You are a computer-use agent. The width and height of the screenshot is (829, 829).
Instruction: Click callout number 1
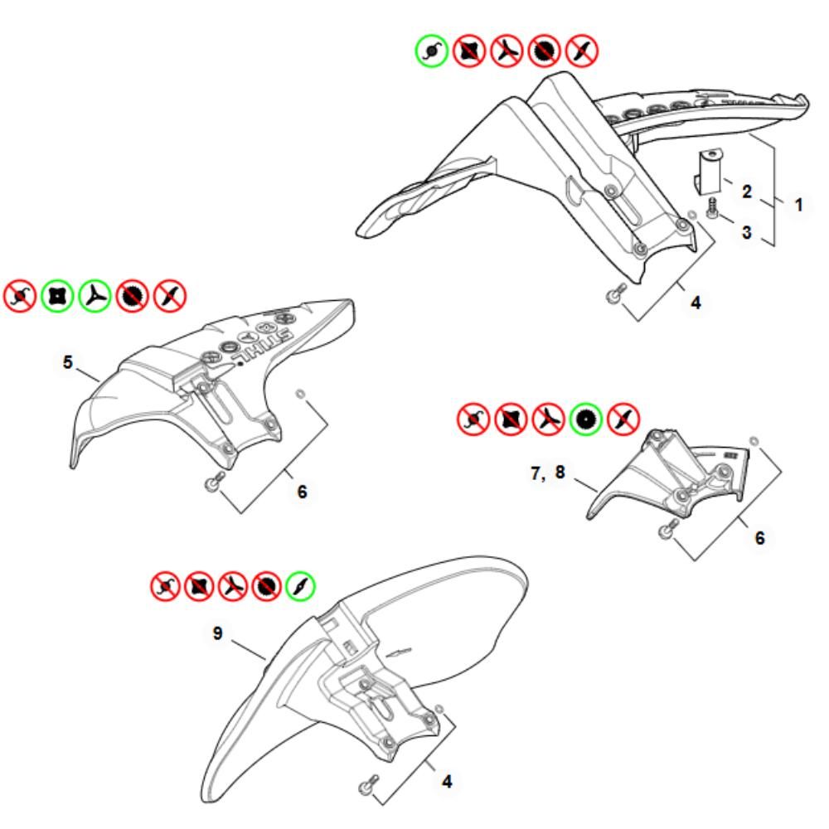pos(798,205)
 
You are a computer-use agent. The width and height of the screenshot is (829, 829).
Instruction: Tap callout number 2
pos(747,191)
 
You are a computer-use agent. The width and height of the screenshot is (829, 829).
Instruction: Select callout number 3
pos(747,232)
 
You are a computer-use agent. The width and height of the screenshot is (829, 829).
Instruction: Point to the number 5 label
pos(67,362)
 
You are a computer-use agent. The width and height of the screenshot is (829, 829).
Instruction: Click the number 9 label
pos(217,633)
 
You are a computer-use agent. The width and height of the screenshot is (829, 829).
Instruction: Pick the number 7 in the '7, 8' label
pos(536,473)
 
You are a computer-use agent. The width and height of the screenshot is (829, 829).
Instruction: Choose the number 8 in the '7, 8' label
pos(560,473)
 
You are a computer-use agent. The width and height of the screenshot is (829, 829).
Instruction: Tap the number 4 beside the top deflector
pos(696,303)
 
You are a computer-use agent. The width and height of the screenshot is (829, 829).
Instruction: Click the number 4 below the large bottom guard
pos(447,782)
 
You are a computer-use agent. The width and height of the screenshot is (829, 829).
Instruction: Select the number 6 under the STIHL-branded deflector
pos(302,492)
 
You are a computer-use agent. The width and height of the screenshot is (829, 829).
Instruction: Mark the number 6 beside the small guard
pos(759,538)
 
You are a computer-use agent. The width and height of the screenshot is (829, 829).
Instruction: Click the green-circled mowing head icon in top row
pos(431,51)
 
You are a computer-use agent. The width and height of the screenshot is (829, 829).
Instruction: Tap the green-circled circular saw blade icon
pos(585,419)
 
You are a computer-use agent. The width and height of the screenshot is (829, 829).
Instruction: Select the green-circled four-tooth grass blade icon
pos(57,296)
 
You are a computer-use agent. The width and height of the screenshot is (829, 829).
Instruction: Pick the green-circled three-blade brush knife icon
pos(95,296)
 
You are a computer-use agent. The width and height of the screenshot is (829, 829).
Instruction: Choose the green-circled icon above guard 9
pos(300,586)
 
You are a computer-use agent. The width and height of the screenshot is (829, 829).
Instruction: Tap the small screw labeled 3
pos(711,208)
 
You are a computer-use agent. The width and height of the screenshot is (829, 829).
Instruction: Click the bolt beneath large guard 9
pos(369,784)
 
